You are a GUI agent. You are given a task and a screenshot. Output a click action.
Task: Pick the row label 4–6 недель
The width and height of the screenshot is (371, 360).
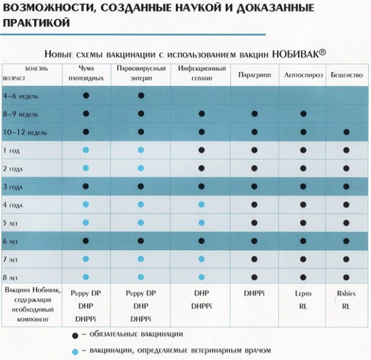(x=22, y=95)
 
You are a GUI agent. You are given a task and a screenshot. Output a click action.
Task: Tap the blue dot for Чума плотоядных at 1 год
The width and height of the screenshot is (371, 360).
(x=86, y=149)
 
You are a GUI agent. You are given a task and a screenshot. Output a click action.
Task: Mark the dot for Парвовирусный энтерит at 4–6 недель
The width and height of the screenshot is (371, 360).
(x=141, y=95)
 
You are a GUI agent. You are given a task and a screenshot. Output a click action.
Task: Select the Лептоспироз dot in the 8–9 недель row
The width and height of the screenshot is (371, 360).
(x=303, y=113)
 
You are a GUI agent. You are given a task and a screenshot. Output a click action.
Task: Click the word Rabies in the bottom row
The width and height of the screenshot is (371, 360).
(x=345, y=295)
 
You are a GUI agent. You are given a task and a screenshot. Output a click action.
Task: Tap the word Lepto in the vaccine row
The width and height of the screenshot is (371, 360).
(x=303, y=295)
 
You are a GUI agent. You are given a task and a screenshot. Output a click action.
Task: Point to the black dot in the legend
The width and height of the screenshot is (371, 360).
(x=74, y=334)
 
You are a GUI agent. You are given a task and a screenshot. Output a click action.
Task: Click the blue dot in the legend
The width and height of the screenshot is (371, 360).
(x=74, y=350)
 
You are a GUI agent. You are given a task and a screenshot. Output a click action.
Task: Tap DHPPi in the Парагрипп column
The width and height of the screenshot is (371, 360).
(x=255, y=295)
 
